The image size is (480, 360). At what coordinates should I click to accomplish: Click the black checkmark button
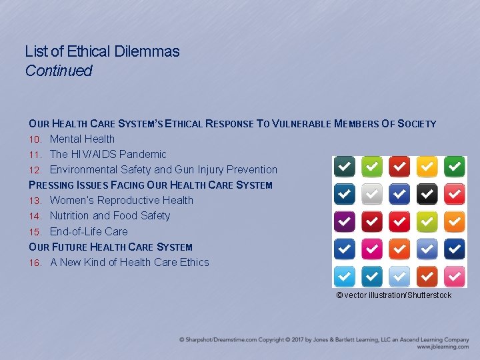click(x=427, y=194)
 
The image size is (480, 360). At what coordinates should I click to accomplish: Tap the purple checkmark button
click(x=344, y=221)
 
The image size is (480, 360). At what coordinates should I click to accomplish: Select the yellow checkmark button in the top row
click(x=427, y=166)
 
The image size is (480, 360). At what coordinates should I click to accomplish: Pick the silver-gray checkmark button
click(x=372, y=194)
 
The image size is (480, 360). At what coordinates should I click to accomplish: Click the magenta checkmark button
click(x=372, y=249)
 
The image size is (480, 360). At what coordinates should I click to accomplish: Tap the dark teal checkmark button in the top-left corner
click(x=344, y=166)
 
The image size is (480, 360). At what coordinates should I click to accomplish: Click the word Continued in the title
click(x=59, y=71)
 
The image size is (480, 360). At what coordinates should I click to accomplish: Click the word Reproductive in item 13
click(x=129, y=201)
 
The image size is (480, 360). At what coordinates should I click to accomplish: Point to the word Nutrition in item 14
click(x=70, y=216)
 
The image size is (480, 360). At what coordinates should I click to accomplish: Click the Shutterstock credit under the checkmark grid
click(x=393, y=295)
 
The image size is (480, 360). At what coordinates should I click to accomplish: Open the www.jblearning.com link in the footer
click(x=443, y=347)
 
